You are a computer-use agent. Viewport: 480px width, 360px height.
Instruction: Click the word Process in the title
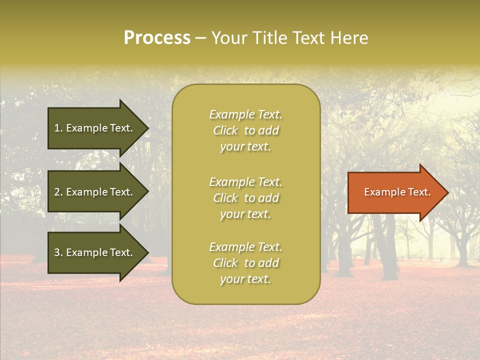point(157,38)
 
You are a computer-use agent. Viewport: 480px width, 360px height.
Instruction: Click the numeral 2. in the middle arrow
point(58,192)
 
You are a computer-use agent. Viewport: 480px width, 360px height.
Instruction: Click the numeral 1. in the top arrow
point(58,128)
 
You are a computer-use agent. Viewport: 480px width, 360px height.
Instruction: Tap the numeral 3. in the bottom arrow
point(58,252)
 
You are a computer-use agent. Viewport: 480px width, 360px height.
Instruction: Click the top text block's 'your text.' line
point(245,147)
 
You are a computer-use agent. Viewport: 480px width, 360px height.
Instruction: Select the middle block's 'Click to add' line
point(245,198)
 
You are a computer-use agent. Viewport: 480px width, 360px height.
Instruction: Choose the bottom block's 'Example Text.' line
point(245,247)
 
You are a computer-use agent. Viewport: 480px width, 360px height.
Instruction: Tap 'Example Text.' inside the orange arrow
point(397,192)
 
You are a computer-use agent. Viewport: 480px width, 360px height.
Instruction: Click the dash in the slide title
point(200,38)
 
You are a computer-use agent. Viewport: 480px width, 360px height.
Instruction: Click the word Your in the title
point(229,38)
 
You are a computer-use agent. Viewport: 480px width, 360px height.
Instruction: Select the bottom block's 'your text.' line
point(245,279)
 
